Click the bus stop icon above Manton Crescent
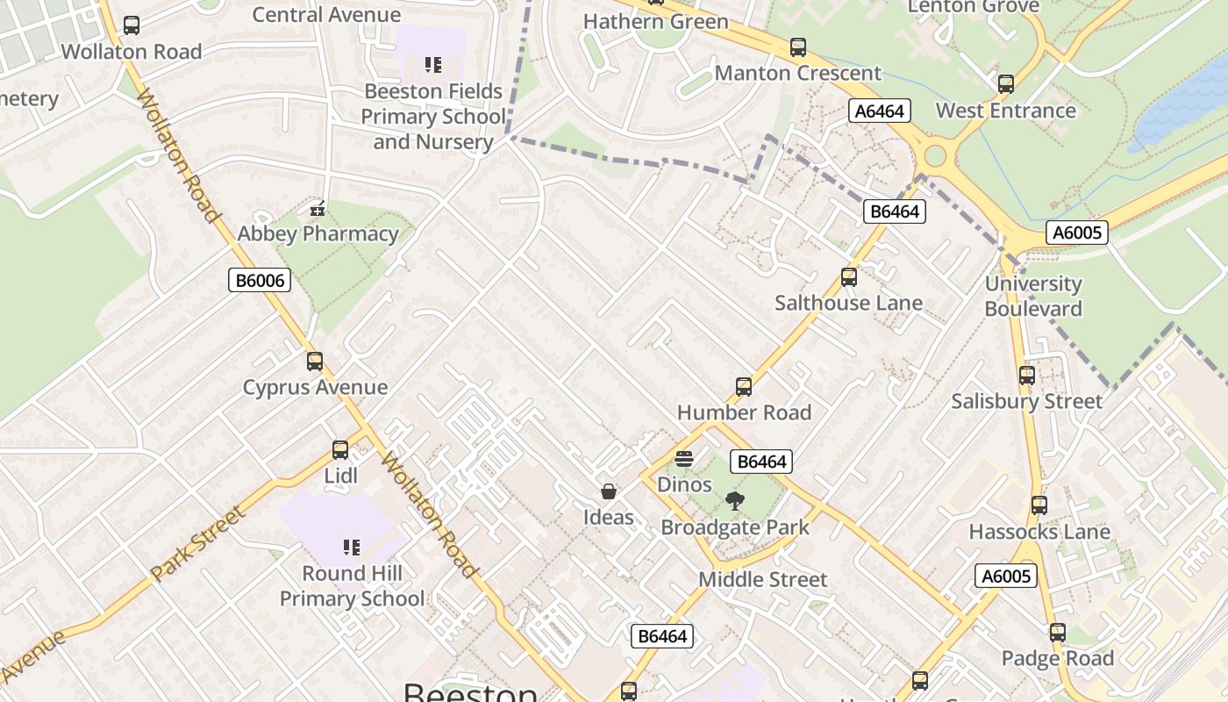(x=797, y=47)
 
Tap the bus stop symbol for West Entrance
(x=1005, y=84)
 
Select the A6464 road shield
(x=880, y=111)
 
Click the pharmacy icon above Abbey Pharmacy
(x=318, y=209)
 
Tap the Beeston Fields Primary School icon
(x=432, y=65)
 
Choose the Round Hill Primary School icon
(x=352, y=548)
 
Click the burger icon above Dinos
(x=684, y=459)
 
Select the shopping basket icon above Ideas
(x=608, y=491)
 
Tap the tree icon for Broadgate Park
(x=734, y=502)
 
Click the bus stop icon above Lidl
(x=340, y=450)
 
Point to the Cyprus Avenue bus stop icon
(x=314, y=362)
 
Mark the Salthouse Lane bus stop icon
(x=848, y=277)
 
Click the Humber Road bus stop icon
(x=743, y=387)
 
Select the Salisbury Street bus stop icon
(x=1026, y=376)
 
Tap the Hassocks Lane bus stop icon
(x=1039, y=505)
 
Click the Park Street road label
(x=197, y=544)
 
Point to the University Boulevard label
(x=1033, y=296)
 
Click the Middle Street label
(x=762, y=579)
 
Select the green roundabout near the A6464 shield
(x=935, y=156)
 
